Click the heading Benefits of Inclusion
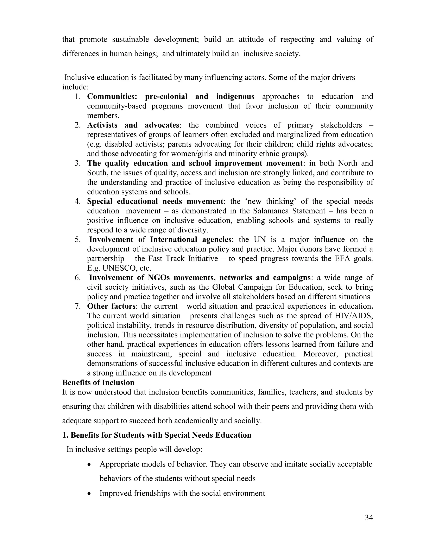coord(98,382)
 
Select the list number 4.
coord(77,201)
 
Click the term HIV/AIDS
coord(354,316)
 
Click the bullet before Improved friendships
coord(89,493)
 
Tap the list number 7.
coord(77,306)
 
